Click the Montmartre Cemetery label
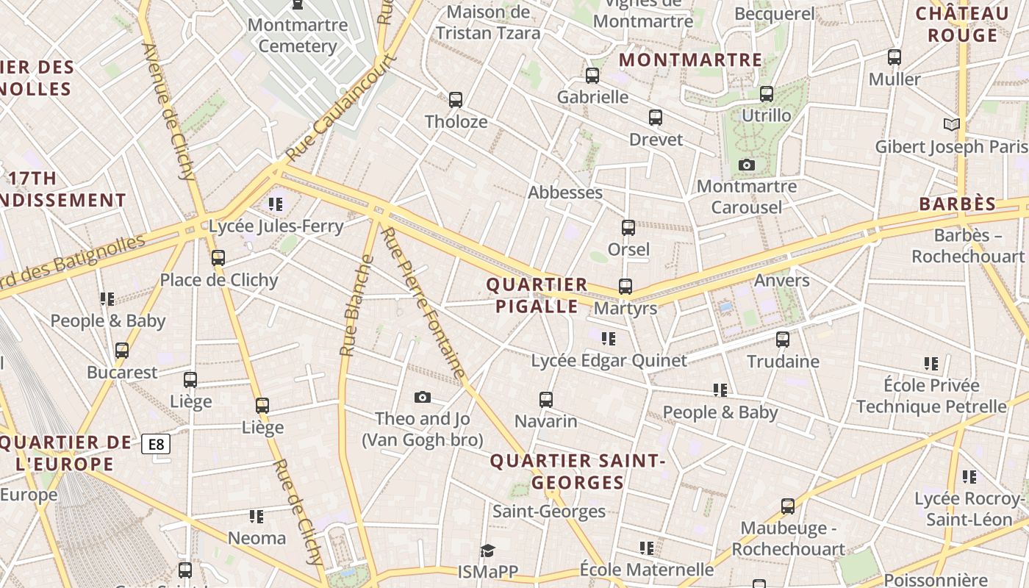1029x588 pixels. [x=298, y=35]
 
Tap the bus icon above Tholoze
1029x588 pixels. [x=456, y=99]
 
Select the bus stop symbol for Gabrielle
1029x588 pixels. [x=592, y=75]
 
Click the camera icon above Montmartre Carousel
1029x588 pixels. [x=747, y=165]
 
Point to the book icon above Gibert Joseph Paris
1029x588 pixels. [x=952, y=124]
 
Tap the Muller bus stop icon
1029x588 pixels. [x=894, y=57]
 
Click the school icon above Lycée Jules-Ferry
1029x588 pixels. [x=276, y=204]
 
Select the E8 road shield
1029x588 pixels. [x=156, y=444]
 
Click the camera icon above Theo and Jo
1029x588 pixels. [x=422, y=397]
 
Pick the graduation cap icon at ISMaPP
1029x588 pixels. [x=487, y=551]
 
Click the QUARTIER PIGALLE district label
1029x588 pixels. [x=537, y=295]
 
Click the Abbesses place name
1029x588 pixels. [x=565, y=193]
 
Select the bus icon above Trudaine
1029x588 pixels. [x=783, y=339]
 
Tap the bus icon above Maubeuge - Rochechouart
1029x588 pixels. [x=788, y=506]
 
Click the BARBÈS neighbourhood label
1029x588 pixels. [x=958, y=204]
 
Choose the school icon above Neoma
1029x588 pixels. [x=256, y=516]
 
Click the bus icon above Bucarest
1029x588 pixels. [x=122, y=350]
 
